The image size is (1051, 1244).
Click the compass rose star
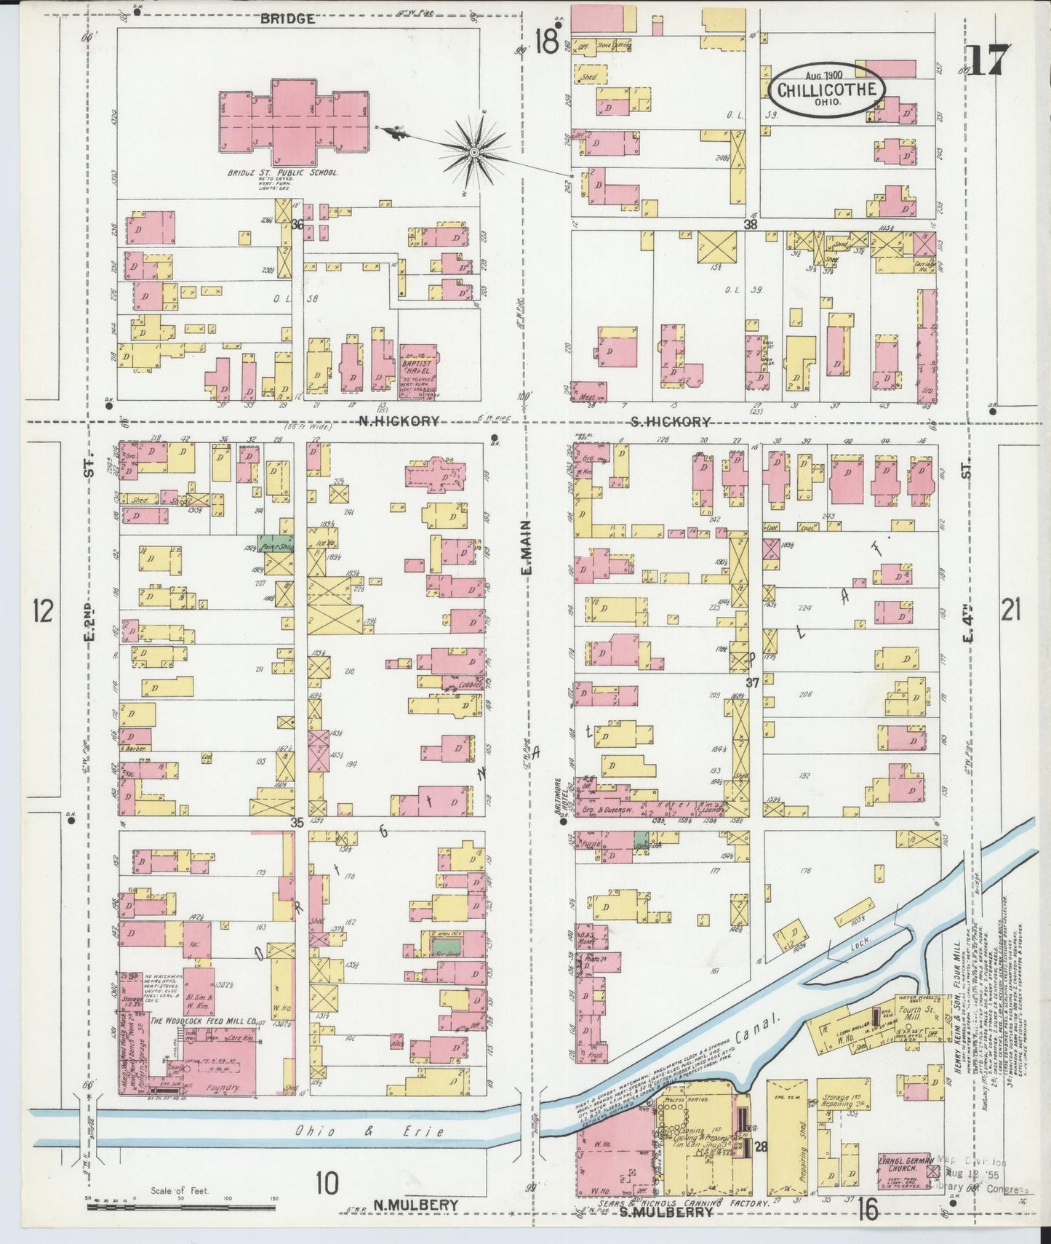[x=473, y=152]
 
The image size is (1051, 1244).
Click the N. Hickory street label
[x=399, y=421]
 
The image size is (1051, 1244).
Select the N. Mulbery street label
[x=415, y=1205]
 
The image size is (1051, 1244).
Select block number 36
[x=296, y=225]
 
